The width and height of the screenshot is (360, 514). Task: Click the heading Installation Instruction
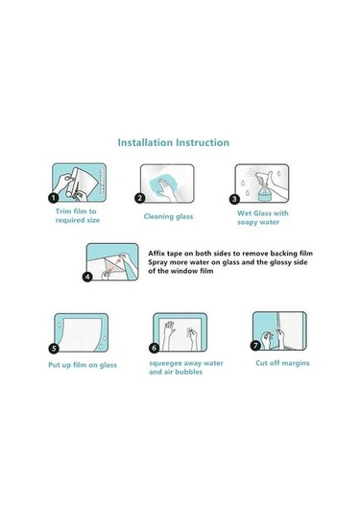pos(174,142)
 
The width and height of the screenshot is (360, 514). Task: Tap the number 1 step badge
pos(54,198)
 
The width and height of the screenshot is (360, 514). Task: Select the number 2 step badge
pos(140,198)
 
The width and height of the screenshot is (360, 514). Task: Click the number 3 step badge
pos(234,199)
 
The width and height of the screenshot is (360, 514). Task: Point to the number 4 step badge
pos(87,277)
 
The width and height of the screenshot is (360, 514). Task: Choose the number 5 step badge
pos(54,348)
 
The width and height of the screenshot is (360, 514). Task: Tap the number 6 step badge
pos(155,348)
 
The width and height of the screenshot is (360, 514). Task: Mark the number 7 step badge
pos(255,345)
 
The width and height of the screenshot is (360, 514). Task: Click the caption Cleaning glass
pos(168,217)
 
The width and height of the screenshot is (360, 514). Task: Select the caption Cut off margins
pos(282,363)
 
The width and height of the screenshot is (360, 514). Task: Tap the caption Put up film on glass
pos(83,365)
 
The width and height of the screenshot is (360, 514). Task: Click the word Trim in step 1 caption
pos(62,211)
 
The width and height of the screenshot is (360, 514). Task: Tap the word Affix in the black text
pos(156,254)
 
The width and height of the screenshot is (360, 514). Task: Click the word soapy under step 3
pos(248,223)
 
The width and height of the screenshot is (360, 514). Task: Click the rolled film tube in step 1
pos(73,183)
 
